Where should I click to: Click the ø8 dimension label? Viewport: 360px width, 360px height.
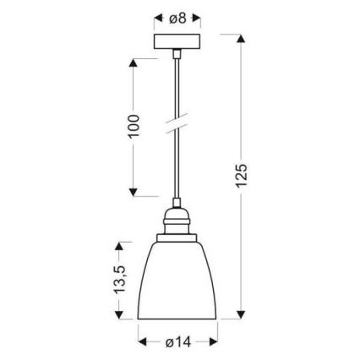coord(179,16)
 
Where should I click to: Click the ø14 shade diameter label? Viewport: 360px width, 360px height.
coord(179,342)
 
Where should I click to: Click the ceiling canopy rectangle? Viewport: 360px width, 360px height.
coord(178,42)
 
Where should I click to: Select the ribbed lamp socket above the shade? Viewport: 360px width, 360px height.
coord(178,226)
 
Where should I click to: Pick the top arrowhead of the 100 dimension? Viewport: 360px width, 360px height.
coord(133,63)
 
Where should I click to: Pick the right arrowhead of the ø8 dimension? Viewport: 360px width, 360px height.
coord(200,16)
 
